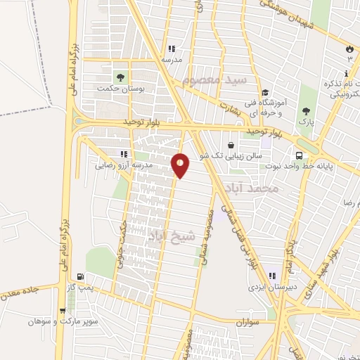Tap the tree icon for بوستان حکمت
click(120, 77)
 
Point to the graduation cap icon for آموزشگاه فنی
click(265, 92)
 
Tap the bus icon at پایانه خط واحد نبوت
click(300, 155)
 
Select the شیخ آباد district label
click(163, 236)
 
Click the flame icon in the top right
click(349, 48)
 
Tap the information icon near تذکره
click(347, 74)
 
